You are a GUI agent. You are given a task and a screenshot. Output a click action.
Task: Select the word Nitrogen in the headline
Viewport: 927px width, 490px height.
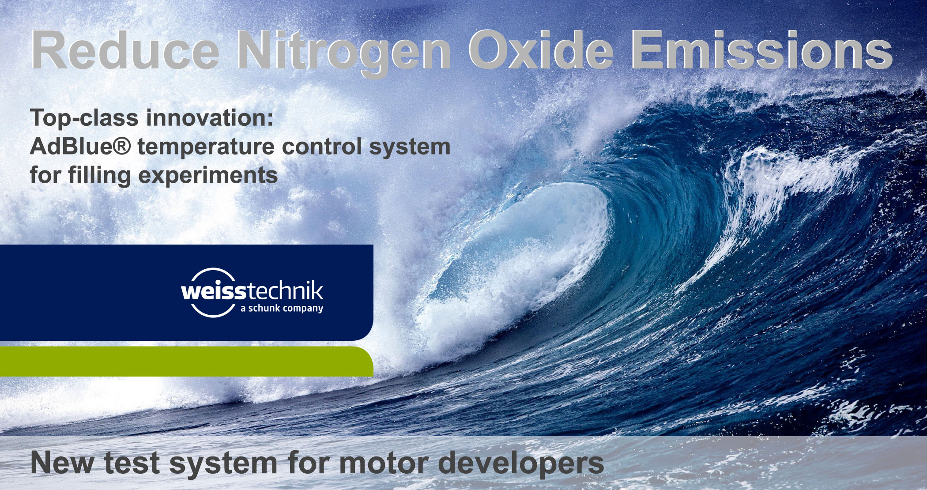(344, 53)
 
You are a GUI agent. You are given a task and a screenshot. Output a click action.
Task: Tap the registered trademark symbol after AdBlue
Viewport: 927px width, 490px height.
(122, 146)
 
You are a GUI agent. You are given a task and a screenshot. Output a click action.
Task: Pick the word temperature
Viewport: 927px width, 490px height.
(206, 147)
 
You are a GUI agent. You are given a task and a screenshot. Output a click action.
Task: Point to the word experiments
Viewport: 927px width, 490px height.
(208, 176)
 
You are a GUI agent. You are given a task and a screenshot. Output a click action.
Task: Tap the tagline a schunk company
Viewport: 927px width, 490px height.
(282, 308)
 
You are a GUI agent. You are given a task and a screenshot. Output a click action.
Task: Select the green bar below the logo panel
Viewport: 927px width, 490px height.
(186, 362)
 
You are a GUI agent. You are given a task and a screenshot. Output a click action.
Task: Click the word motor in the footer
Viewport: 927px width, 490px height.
(384, 463)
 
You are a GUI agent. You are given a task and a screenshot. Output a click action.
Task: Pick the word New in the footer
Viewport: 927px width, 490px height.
(62, 463)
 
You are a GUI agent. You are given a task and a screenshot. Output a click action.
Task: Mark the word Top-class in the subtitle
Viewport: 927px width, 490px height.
(84, 118)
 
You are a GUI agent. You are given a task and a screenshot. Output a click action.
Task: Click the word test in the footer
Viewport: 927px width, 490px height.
(132, 463)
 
